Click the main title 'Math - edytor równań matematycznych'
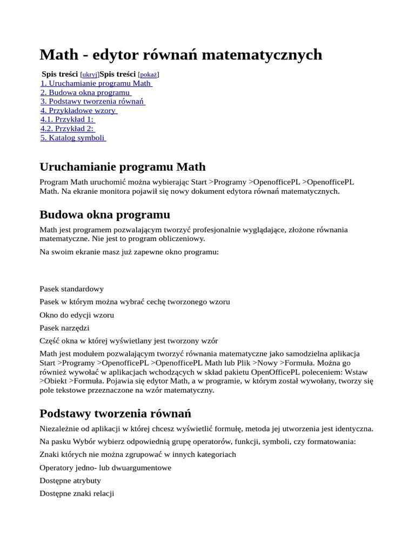(180, 55)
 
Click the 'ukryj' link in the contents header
(90, 75)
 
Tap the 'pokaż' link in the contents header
(148, 75)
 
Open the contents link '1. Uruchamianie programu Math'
(96, 83)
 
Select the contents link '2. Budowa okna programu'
(86, 92)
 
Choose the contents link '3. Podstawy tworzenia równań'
(92, 102)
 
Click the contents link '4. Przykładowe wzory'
(79, 111)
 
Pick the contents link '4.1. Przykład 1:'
(68, 119)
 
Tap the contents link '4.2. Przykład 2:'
(68, 129)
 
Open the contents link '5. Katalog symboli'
(73, 138)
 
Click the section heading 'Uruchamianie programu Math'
(123, 167)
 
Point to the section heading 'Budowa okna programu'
(105, 214)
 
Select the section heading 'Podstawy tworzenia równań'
(116, 414)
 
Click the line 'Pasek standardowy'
(71, 289)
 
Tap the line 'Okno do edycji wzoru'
(77, 315)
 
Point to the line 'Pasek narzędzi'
(64, 328)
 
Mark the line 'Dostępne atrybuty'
(70, 480)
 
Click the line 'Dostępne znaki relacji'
(77, 493)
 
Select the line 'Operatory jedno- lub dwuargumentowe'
(105, 467)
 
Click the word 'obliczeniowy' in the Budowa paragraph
(182, 238)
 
